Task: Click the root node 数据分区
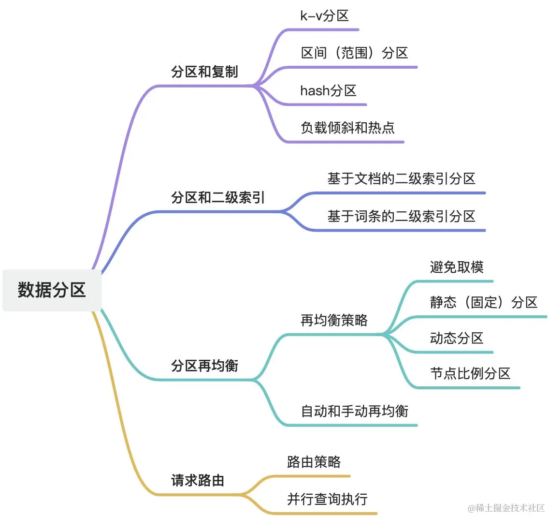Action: pyautogui.click(x=52, y=290)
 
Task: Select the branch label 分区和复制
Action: pyautogui.click(x=204, y=72)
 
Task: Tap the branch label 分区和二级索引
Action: pyautogui.click(x=218, y=198)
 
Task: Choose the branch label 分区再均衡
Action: pyautogui.click(x=204, y=366)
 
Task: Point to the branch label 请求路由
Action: pyautogui.click(x=198, y=480)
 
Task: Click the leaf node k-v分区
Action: pyautogui.click(x=324, y=16)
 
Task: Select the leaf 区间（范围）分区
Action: pyautogui.click(x=355, y=53)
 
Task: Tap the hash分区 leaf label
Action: pyautogui.click(x=328, y=90)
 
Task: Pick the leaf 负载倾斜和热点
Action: pyautogui.click(x=347, y=128)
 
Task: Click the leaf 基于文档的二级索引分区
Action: pyautogui.click(x=401, y=179)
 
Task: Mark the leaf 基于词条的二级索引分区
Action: pyautogui.click(x=401, y=216)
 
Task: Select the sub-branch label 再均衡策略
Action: pyautogui.click(x=334, y=320)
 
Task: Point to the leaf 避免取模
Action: pyautogui.click(x=457, y=267)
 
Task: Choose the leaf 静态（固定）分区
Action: pyautogui.click(x=484, y=303)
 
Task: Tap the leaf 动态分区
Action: pyautogui.click(x=457, y=338)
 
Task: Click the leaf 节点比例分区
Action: pyautogui.click(x=470, y=373)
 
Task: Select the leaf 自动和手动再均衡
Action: pyautogui.click(x=355, y=411)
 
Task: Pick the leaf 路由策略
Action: pyautogui.click(x=314, y=462)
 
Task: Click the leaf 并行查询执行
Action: pyautogui.click(x=327, y=499)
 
